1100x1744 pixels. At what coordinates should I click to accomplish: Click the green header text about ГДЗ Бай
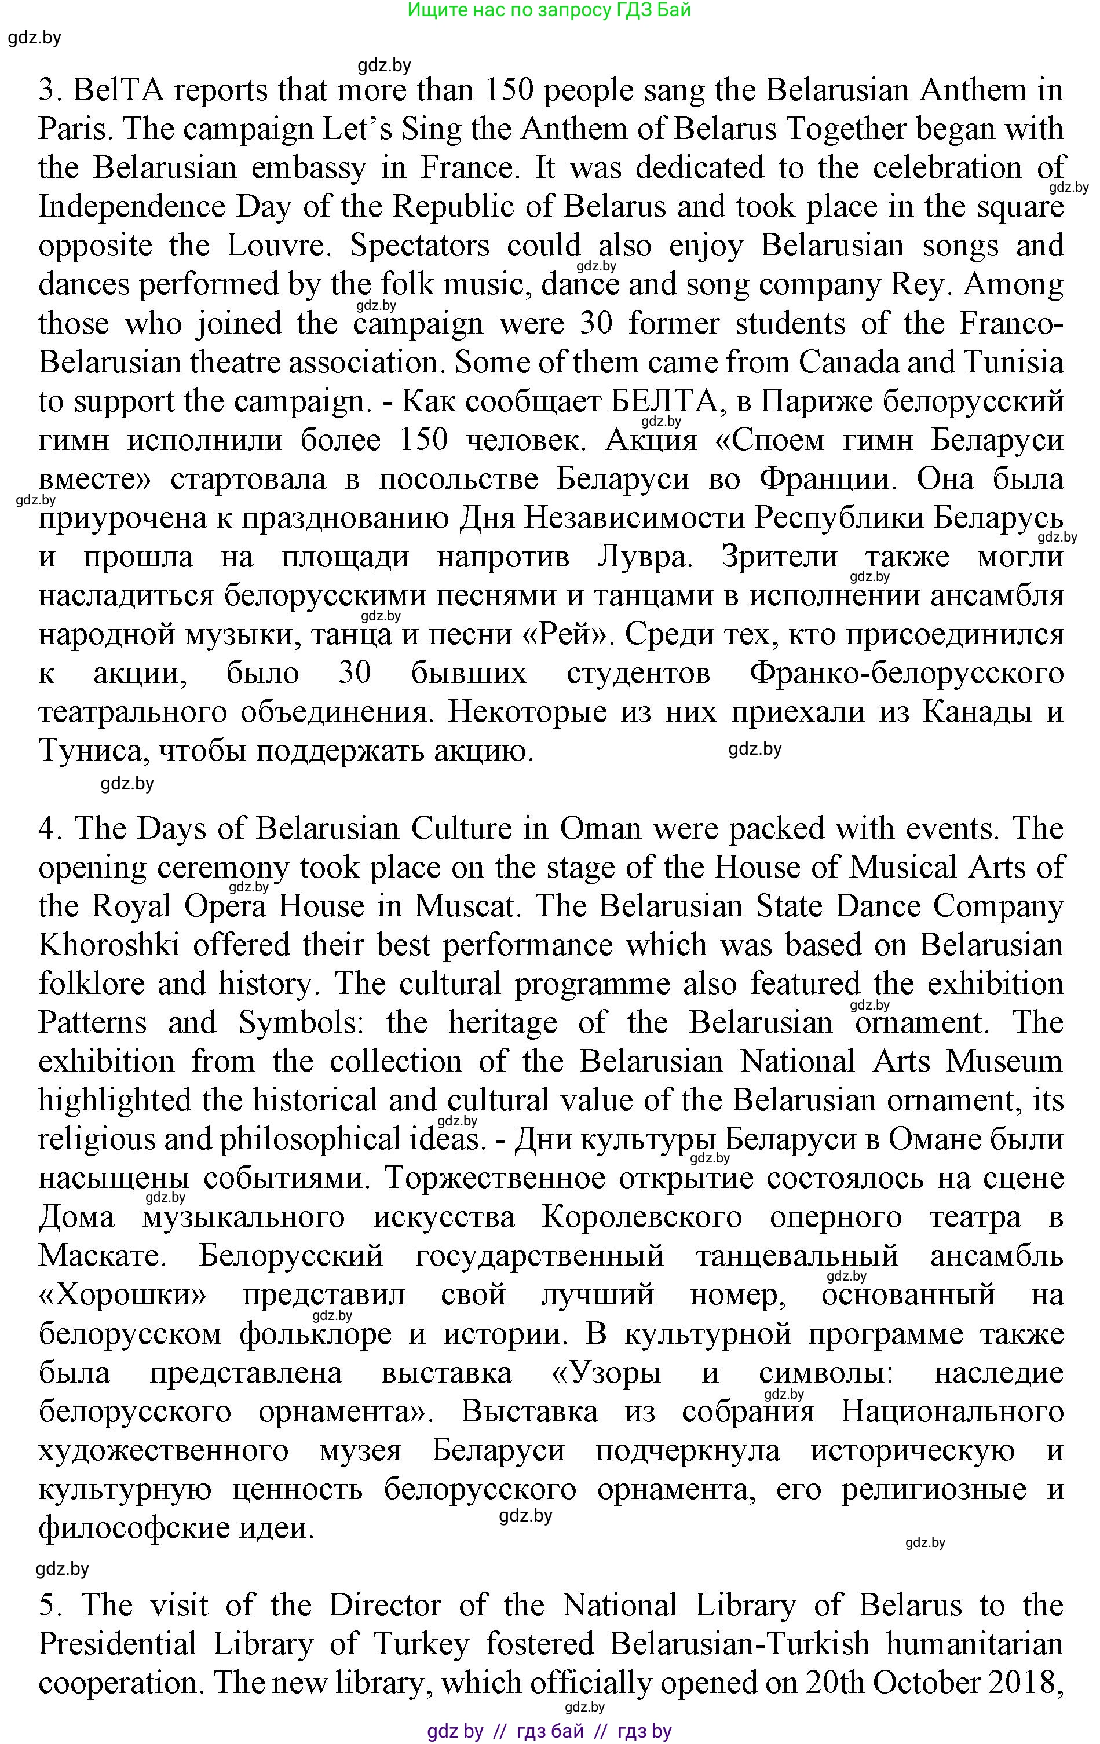(x=549, y=10)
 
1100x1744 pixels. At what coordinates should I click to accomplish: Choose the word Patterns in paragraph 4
(x=93, y=1023)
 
